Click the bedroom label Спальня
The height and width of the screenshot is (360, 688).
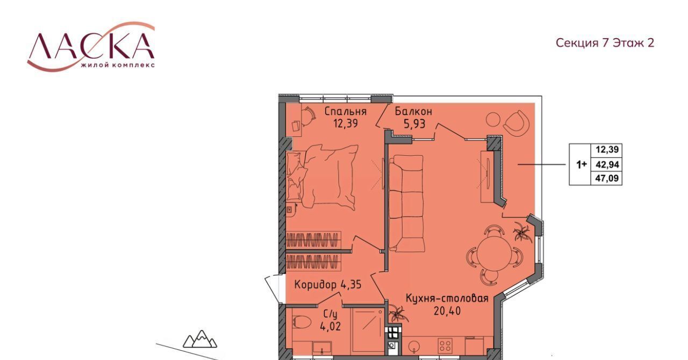pos(346,111)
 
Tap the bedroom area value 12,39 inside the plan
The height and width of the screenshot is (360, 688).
pos(346,124)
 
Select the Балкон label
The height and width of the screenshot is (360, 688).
pos(413,111)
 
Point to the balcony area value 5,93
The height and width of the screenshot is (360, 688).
pos(414,124)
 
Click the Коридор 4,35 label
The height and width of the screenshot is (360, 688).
pos(328,285)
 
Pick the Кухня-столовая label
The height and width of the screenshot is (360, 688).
pos(447,298)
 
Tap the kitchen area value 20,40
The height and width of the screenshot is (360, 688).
pos(447,311)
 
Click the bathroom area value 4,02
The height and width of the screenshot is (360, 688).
pos(331,326)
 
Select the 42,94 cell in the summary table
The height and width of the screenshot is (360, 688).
pos(607,164)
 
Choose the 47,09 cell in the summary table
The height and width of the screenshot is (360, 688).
pos(607,178)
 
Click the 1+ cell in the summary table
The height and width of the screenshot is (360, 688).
pos(580,164)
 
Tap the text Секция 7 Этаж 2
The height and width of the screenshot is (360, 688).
pos(605,43)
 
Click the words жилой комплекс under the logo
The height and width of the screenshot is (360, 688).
pos(118,65)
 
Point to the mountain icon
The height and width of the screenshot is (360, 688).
pos(199,339)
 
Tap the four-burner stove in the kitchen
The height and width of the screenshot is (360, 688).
pos(446,345)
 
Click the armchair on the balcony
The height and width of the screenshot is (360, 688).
pos(517,124)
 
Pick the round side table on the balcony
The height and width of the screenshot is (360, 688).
pos(493,119)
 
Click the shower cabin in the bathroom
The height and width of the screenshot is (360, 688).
pos(368,330)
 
